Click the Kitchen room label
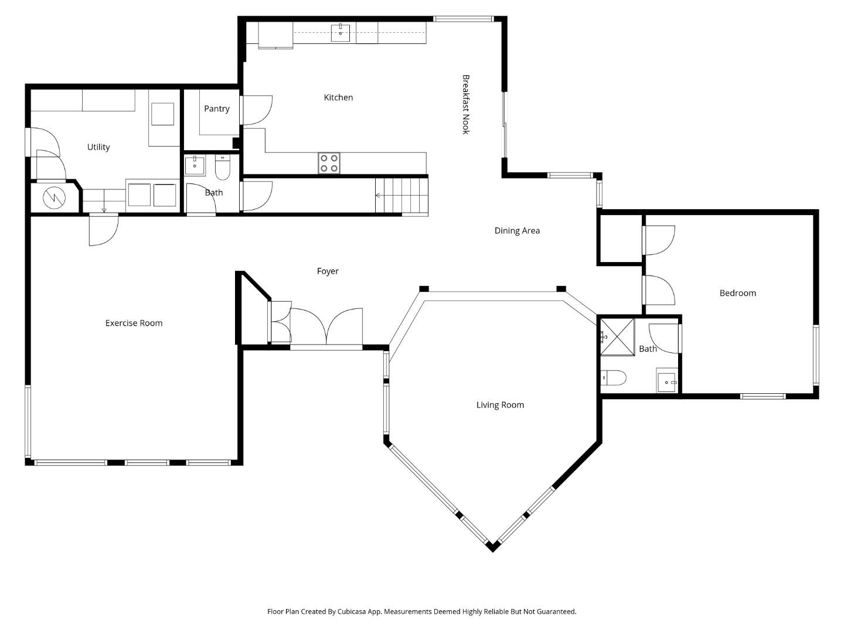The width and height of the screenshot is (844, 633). click(x=338, y=97)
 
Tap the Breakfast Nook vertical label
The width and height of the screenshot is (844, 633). click(x=466, y=104)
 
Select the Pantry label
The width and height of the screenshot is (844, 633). click(x=216, y=108)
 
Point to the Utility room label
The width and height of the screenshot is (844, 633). click(x=98, y=147)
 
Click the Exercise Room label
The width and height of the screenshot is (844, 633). click(x=134, y=323)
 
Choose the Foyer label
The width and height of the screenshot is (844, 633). click(x=328, y=271)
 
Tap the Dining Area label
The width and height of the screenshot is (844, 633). click(x=517, y=230)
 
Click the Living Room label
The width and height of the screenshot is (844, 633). click(x=500, y=404)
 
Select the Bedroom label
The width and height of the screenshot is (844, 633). click(x=737, y=293)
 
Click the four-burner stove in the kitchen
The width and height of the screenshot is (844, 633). click(x=329, y=163)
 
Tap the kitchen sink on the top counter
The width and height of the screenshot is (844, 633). click(x=340, y=33)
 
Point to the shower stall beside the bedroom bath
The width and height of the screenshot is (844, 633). click(x=617, y=336)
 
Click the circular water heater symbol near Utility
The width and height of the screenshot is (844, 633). click(x=55, y=198)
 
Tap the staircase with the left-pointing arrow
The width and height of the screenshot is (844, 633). click(x=401, y=195)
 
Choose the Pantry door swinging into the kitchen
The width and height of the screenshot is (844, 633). click(x=257, y=110)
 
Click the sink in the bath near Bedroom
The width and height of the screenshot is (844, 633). click(x=666, y=382)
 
